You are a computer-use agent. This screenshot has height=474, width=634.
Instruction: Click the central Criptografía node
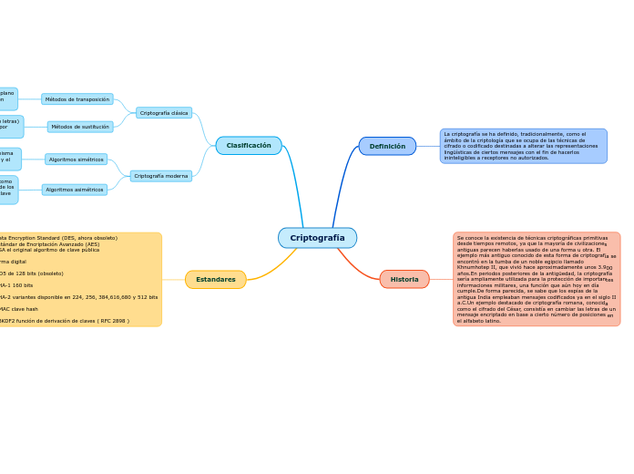(317, 238)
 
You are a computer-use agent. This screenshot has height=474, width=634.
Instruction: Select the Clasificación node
(249, 146)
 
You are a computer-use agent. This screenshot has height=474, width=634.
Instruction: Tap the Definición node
(387, 146)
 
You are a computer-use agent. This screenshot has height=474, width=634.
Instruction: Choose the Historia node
(404, 279)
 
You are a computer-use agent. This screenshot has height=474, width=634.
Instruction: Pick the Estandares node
(216, 279)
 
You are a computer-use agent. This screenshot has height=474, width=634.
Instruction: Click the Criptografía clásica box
(164, 113)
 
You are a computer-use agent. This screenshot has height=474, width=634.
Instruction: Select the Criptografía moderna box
(161, 176)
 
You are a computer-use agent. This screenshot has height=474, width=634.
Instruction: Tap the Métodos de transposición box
(77, 99)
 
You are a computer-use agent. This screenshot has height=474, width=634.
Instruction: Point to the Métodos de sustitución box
(80, 127)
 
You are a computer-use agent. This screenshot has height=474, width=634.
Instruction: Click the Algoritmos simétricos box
(77, 160)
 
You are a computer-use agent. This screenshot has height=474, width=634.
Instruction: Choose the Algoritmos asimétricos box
(75, 190)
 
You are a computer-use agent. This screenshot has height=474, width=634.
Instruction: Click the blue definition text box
(523, 146)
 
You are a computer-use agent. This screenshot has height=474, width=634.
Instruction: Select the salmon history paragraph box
(537, 279)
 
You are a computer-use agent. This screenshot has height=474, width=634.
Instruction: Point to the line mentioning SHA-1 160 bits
(18, 285)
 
